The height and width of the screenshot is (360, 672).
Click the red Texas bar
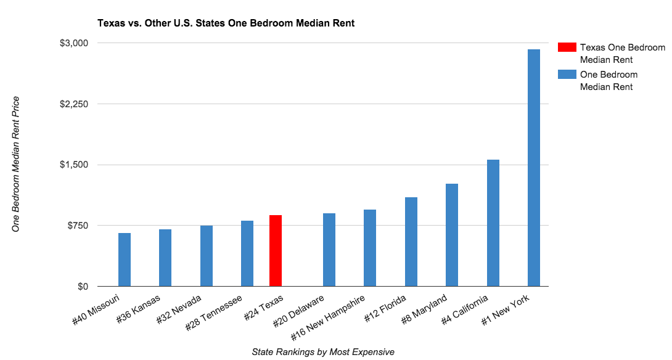(276, 251)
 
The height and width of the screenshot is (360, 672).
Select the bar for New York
(534, 168)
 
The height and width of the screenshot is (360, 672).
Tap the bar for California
(493, 223)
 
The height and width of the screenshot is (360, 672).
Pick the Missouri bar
(125, 260)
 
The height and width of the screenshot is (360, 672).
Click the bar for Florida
(411, 242)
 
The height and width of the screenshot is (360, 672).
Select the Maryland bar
(452, 235)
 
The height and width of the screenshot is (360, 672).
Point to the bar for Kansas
(165, 258)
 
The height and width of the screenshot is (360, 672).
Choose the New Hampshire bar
(370, 248)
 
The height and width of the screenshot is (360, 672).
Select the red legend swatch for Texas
(567, 47)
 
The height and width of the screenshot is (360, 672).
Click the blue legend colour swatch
(567, 75)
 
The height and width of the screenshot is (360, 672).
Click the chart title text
(226, 23)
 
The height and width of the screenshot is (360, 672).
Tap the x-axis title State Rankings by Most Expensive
(322, 351)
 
